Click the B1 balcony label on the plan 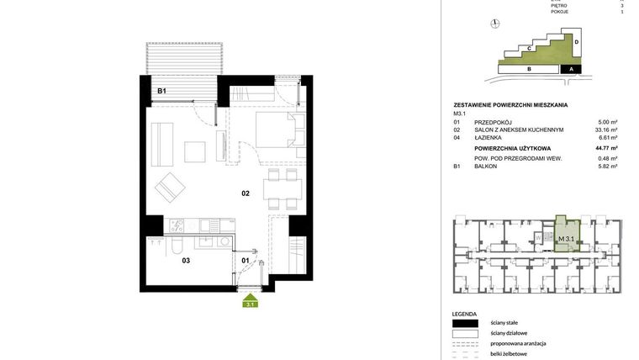(x=162, y=91)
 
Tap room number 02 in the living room (x=246, y=193)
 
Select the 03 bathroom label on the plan (x=186, y=260)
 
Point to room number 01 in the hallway (x=246, y=260)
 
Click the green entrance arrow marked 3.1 (x=250, y=301)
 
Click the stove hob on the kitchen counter (x=177, y=225)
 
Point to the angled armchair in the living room (x=172, y=188)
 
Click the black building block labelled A (x=571, y=69)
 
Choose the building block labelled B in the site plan (x=529, y=69)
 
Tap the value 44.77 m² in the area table (x=606, y=147)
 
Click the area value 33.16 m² (x=606, y=130)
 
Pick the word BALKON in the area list (x=486, y=167)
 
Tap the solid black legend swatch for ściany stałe (x=465, y=323)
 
